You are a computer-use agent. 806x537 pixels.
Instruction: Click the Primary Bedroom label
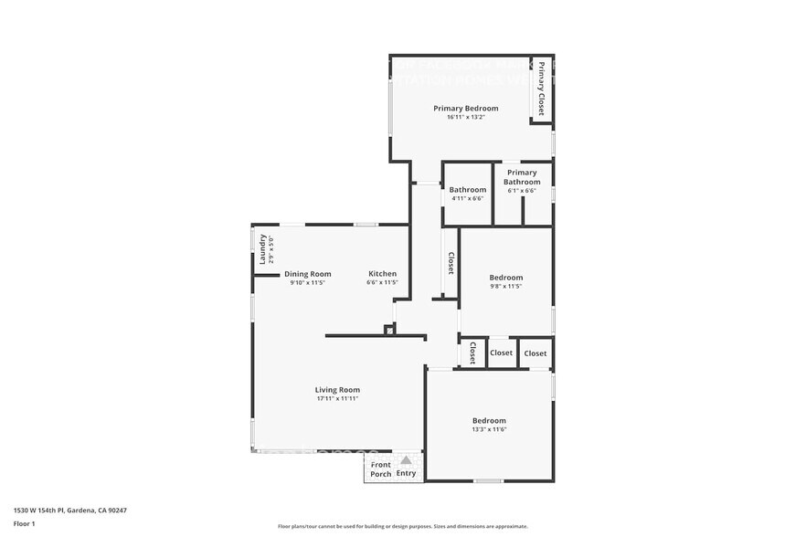465,108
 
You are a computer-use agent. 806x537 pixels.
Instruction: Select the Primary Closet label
541,89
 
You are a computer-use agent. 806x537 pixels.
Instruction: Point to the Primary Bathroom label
522,177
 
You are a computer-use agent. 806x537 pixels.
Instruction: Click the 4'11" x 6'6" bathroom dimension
467,198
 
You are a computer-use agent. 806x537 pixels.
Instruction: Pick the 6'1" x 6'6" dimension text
522,191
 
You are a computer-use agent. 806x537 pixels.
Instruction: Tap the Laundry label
263,249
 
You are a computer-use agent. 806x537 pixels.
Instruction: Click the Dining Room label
307,274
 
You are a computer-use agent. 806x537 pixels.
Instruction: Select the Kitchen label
382,274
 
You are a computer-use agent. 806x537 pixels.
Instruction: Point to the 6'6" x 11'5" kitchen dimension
382,283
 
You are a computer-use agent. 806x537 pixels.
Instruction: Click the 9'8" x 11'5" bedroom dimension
505,286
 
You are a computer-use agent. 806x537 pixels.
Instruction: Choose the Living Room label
337,390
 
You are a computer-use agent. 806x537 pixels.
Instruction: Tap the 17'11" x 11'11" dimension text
337,399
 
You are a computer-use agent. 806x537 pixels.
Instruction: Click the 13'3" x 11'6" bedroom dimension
489,429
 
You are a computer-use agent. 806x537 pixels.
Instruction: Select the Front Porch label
380,469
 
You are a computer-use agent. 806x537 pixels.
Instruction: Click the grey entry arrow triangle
406,460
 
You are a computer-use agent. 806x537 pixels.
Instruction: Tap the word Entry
406,473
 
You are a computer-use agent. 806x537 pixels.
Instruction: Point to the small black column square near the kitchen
389,331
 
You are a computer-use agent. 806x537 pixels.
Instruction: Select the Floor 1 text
24,523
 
